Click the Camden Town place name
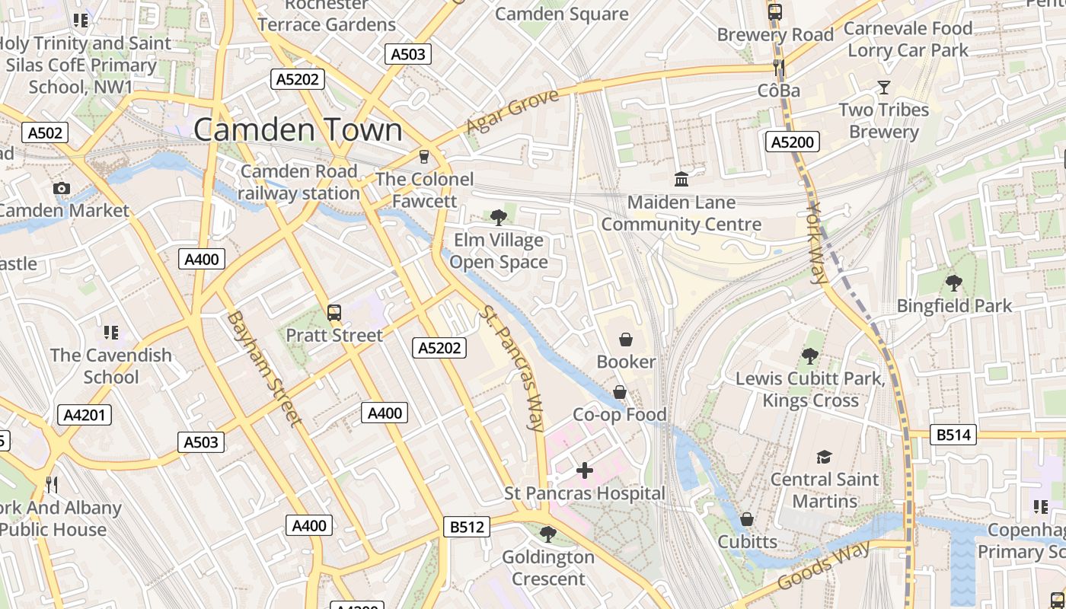(298, 129)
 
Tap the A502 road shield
(45, 133)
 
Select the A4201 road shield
(85, 415)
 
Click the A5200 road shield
(792, 142)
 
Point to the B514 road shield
(954, 435)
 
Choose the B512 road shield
(466, 527)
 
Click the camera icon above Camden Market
(62, 188)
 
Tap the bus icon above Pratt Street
(334, 312)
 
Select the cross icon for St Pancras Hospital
(584, 470)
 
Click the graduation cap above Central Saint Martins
(824, 457)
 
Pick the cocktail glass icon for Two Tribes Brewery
(883, 88)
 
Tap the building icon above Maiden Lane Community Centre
(681, 180)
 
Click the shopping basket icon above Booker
(626, 339)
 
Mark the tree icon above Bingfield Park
(953, 284)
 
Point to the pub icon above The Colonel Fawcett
(424, 157)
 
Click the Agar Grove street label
(512, 111)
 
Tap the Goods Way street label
(825, 567)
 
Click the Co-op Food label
(619, 415)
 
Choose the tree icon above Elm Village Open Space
(498, 218)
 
